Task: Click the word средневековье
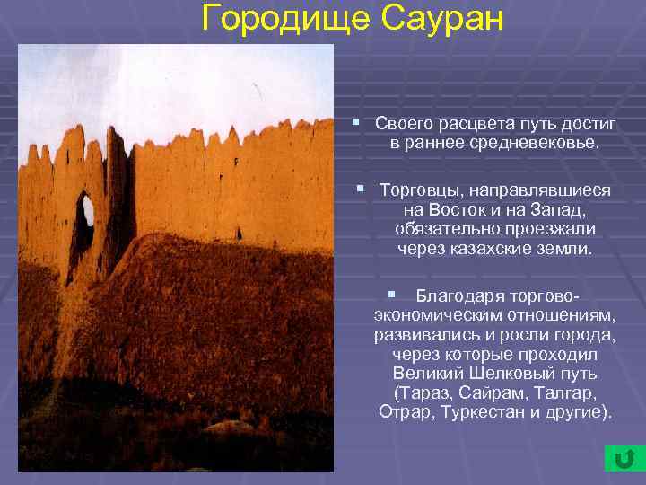tap(523, 142)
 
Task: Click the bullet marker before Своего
tap(355, 120)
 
